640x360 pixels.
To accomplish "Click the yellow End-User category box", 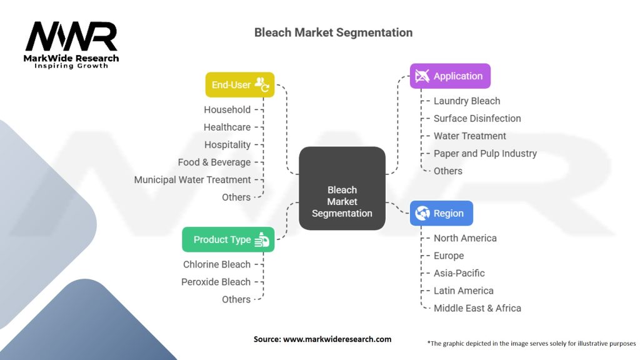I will click(240, 85).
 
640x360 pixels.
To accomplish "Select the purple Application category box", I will click(450, 76).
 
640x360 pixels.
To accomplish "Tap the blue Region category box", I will click(441, 213).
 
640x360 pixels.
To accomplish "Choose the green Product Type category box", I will click(228, 239).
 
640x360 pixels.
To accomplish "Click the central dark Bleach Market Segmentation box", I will click(342, 201).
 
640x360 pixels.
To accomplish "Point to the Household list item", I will click(227, 109).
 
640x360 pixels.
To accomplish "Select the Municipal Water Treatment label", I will click(192, 179).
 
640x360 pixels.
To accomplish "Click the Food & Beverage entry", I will click(214, 162).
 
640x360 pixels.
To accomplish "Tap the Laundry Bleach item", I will click(467, 101).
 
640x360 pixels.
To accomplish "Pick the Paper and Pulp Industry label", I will click(485, 153).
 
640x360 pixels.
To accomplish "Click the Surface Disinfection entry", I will click(477, 118).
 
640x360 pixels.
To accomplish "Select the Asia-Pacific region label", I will click(459, 273).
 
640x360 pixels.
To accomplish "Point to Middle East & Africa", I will click(477, 308).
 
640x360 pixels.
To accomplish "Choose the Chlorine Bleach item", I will click(216, 264).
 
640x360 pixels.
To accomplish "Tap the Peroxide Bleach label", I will click(216, 282).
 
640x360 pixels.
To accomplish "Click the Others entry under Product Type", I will click(236, 299).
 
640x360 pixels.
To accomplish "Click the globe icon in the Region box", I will click(423, 213).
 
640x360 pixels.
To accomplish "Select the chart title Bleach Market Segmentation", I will click(333, 32).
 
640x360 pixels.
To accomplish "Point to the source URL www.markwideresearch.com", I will click(337, 339).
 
